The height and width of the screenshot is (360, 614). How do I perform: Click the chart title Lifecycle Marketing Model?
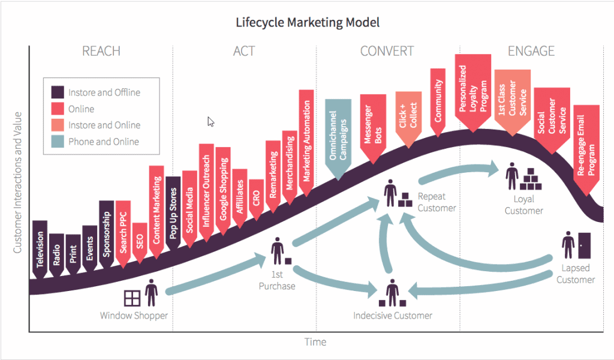pos(308,22)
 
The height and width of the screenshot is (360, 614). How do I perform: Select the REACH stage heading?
pos(101,51)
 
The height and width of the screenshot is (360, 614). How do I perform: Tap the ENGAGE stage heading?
pos(531,51)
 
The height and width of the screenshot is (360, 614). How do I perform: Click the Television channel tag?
pos(40,250)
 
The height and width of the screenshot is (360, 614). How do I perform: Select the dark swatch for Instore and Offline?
pos(58,92)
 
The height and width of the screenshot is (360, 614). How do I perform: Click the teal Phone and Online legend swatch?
pos(58,142)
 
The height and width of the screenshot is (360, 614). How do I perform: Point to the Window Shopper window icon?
pos(132,298)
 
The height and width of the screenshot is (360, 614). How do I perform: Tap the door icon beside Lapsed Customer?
pos(584,245)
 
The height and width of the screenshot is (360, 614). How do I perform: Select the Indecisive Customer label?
pos(393,316)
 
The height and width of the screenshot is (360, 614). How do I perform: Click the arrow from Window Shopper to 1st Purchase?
pos(217,274)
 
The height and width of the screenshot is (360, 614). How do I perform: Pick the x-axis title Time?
pos(315,342)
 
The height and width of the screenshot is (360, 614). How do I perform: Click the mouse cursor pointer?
pos(210,122)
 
